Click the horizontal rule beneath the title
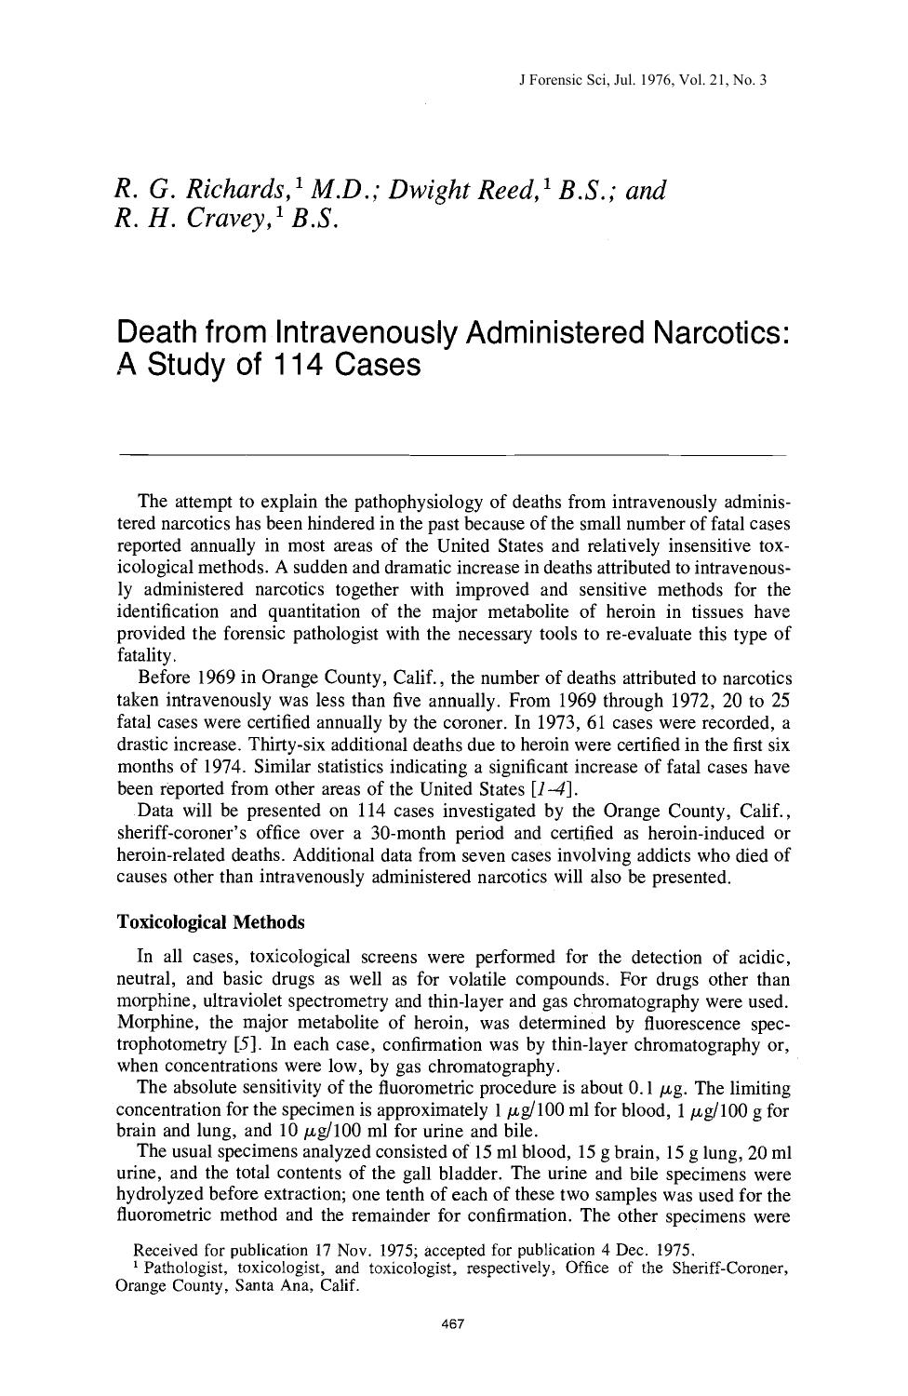pyautogui.click(x=453, y=454)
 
